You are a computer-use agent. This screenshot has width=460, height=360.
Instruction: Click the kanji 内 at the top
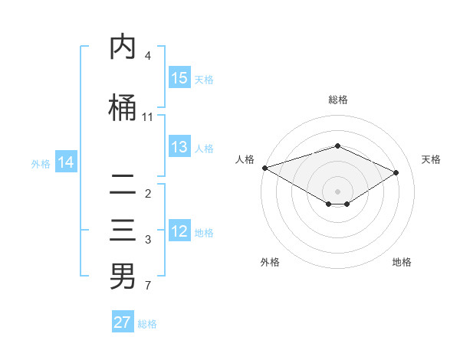(x=123, y=47)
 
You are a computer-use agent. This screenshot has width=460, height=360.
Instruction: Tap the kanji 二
(x=123, y=185)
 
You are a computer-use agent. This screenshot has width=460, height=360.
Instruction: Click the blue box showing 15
(x=179, y=78)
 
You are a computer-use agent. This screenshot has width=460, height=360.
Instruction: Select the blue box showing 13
(x=179, y=147)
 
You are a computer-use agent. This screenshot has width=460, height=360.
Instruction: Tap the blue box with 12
(x=179, y=232)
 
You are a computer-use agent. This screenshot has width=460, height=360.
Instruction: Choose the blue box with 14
(x=66, y=162)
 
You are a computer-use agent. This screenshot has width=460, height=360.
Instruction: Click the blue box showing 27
(x=122, y=322)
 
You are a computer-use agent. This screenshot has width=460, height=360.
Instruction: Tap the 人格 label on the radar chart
(x=245, y=159)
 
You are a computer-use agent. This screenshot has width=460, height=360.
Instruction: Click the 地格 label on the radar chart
(x=402, y=262)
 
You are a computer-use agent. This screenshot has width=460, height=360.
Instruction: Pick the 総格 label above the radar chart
(x=337, y=100)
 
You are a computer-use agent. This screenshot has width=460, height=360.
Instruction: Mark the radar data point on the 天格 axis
(x=396, y=172)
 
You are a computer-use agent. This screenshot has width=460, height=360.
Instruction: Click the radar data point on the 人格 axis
(x=264, y=167)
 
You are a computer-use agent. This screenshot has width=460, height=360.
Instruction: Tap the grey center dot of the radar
(x=337, y=190)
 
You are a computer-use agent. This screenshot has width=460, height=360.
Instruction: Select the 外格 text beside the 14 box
(x=41, y=163)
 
